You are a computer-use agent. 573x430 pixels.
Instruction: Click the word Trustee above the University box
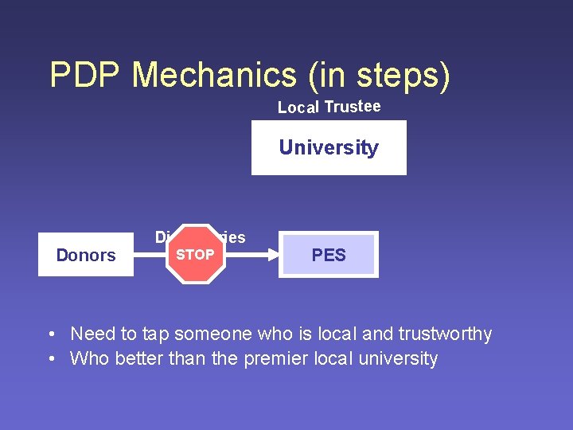[353, 107]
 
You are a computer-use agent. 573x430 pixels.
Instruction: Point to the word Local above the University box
[298, 107]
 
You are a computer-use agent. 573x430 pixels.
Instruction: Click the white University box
[329, 147]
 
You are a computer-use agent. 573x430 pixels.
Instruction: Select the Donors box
[86, 256]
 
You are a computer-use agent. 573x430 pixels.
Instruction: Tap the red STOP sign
[195, 255]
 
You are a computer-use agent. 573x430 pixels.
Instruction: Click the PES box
[329, 255]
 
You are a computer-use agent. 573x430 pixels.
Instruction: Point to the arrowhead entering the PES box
[272, 255]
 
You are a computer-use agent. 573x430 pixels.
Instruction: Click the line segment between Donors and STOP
[150, 255]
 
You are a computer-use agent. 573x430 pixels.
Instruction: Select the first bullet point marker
[50, 334]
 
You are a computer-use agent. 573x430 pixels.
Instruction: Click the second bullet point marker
[50, 359]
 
